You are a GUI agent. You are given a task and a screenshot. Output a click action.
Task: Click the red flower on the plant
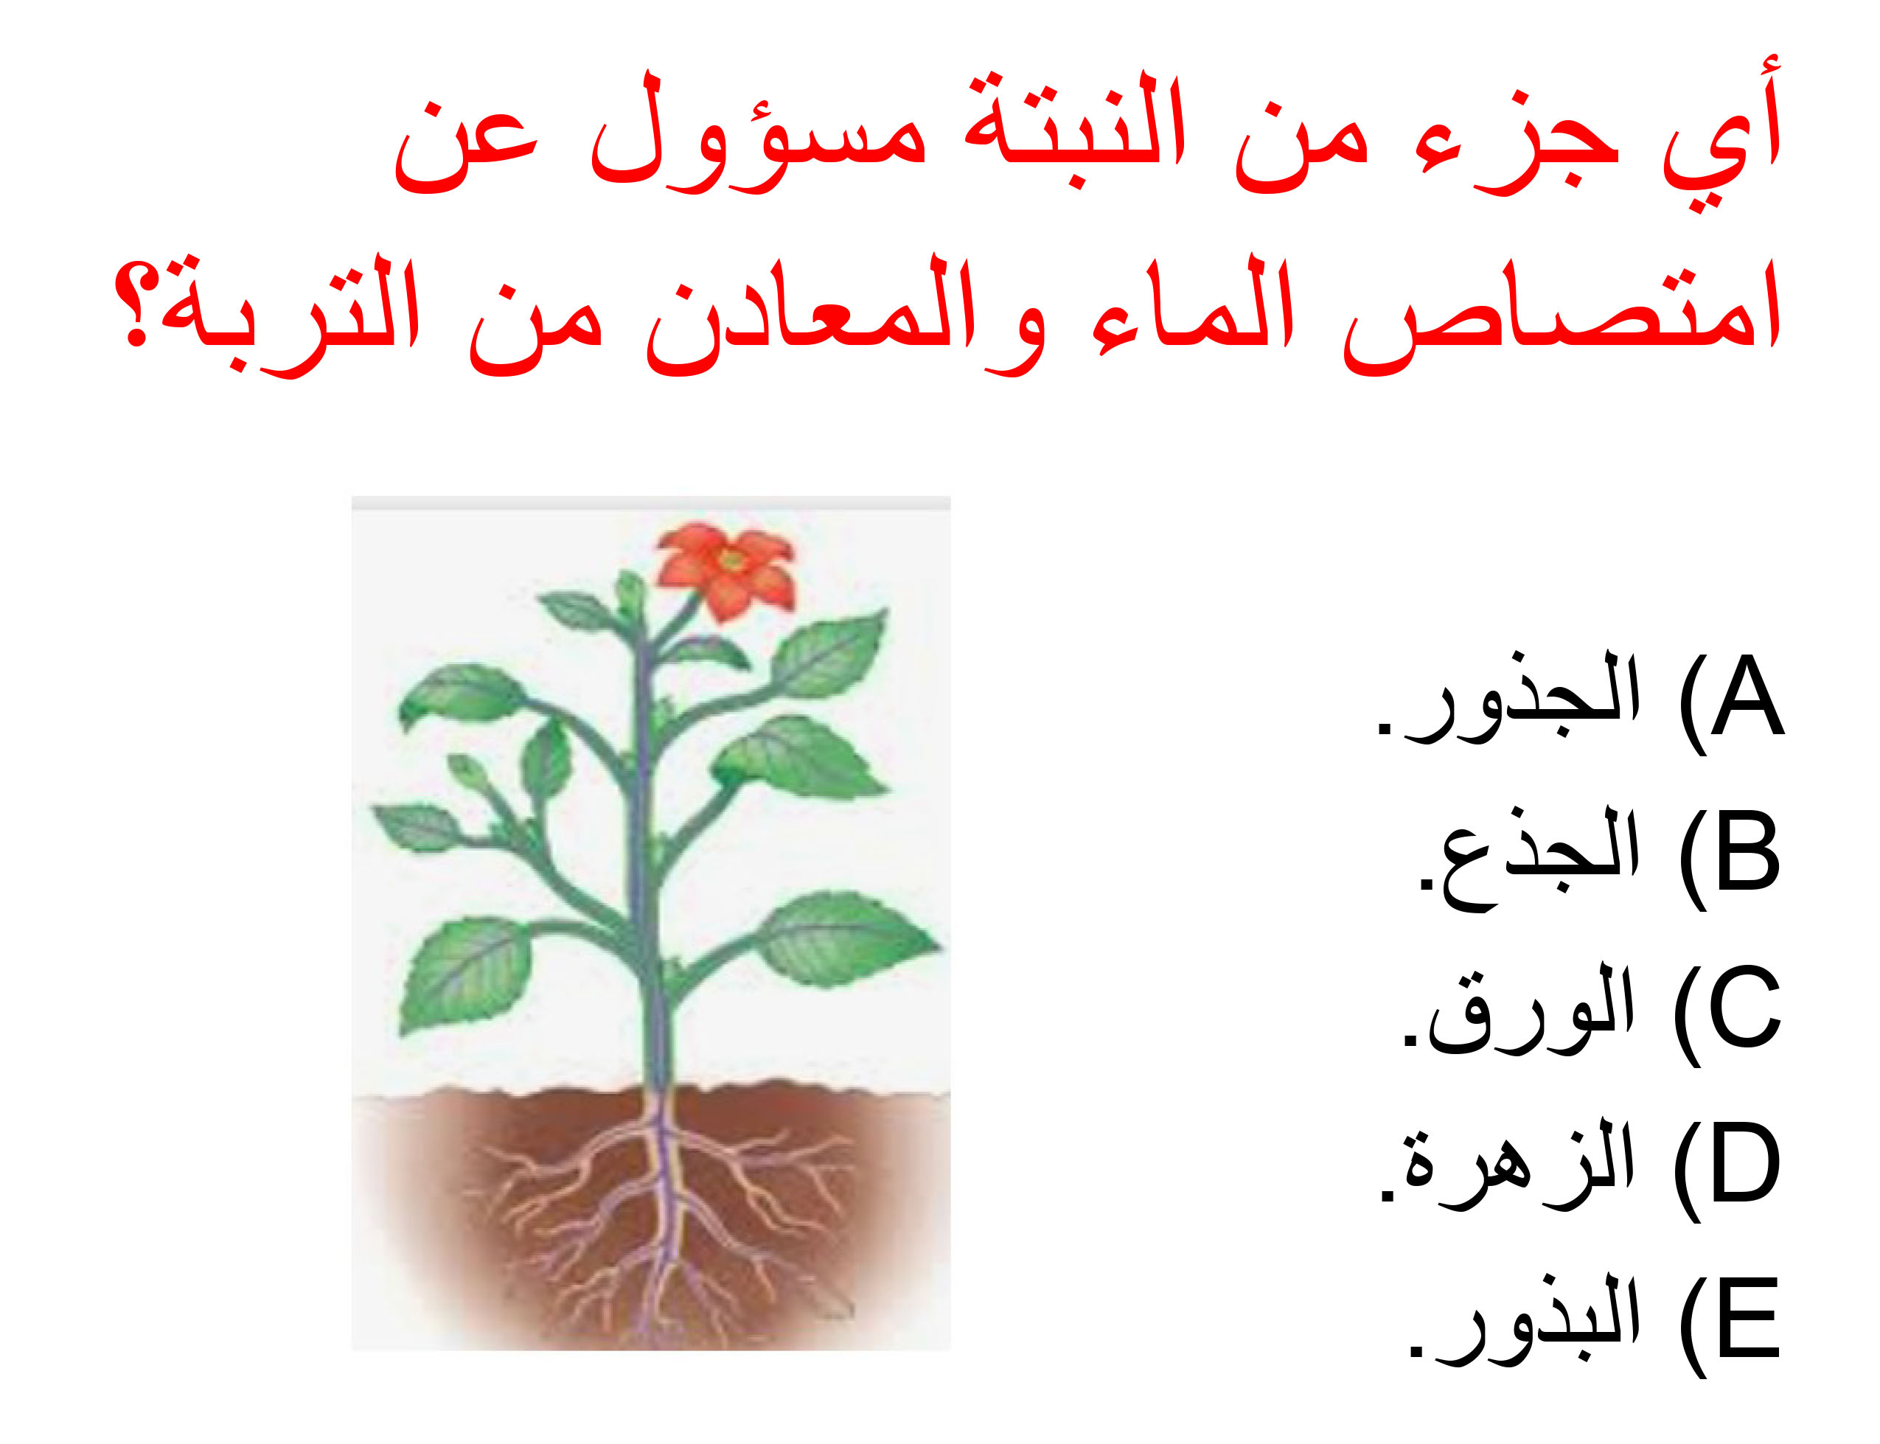724,568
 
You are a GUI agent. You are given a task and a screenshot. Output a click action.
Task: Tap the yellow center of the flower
731,560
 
